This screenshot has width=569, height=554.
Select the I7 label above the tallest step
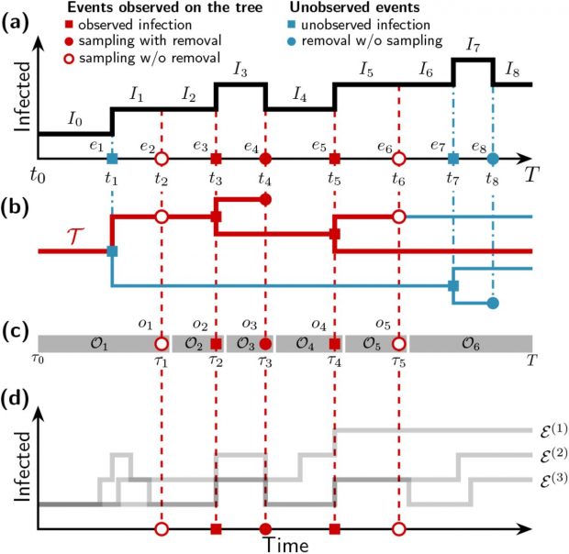coord(473,45)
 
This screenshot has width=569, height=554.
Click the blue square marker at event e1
coord(112,158)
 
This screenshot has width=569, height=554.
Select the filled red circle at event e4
coord(265,158)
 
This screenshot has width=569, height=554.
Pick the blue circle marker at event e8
coord(493,158)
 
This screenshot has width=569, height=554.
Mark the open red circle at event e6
coord(397,158)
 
